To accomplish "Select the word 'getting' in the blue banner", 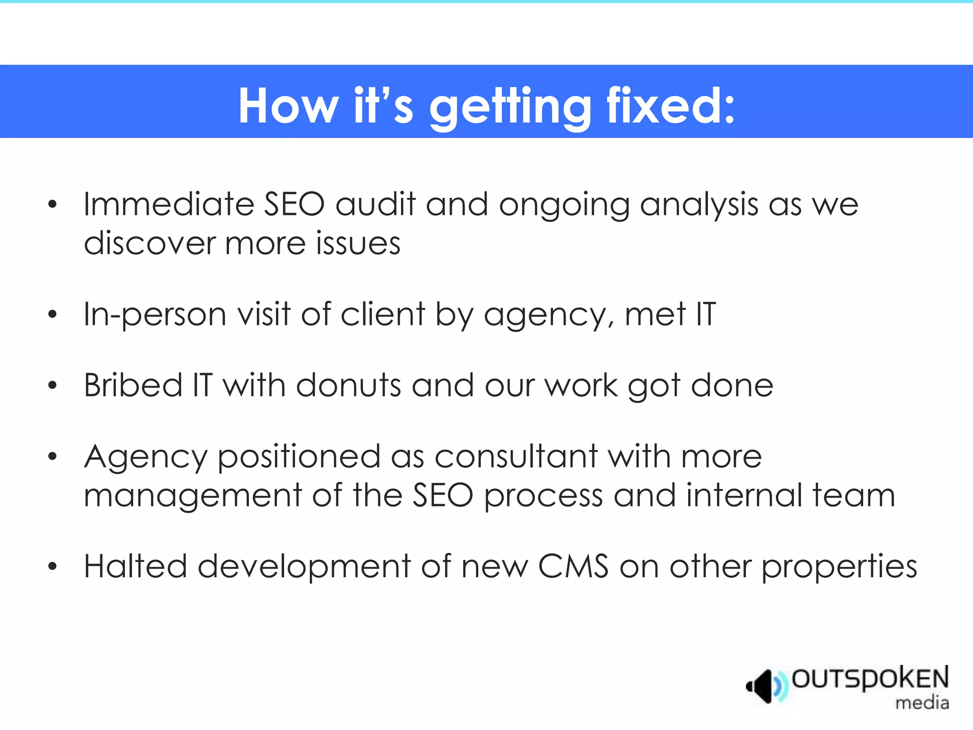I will (510, 107).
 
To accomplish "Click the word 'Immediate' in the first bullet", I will (169, 204).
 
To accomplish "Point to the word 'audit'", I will (375, 204).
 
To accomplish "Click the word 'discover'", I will (149, 243).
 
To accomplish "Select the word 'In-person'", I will (155, 315).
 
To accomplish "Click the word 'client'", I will (382, 315).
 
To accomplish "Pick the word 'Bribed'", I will (133, 385).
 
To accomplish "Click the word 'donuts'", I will (349, 385).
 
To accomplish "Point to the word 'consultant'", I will (516, 456).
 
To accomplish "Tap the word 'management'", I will (192, 495).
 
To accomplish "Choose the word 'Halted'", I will (135, 567).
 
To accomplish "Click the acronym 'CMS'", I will (573, 567).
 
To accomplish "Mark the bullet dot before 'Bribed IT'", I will (52, 385).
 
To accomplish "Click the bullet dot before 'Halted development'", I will (52, 567).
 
